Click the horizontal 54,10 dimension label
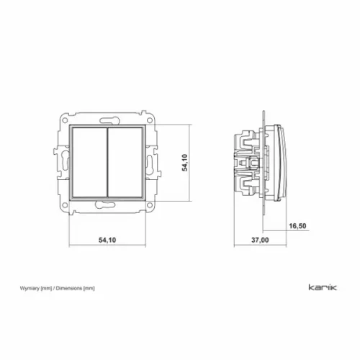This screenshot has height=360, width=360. point(107,240)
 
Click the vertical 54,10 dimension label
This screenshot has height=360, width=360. point(184,163)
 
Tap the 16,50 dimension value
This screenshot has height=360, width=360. point(297,226)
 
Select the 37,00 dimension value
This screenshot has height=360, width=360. point(260,240)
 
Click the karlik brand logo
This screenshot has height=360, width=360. point(323,287)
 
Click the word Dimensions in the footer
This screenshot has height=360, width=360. point(69,288)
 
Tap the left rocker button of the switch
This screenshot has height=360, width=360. point(89,163)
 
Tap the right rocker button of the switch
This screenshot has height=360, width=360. point(125,163)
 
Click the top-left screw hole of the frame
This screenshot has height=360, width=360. point(65,120)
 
